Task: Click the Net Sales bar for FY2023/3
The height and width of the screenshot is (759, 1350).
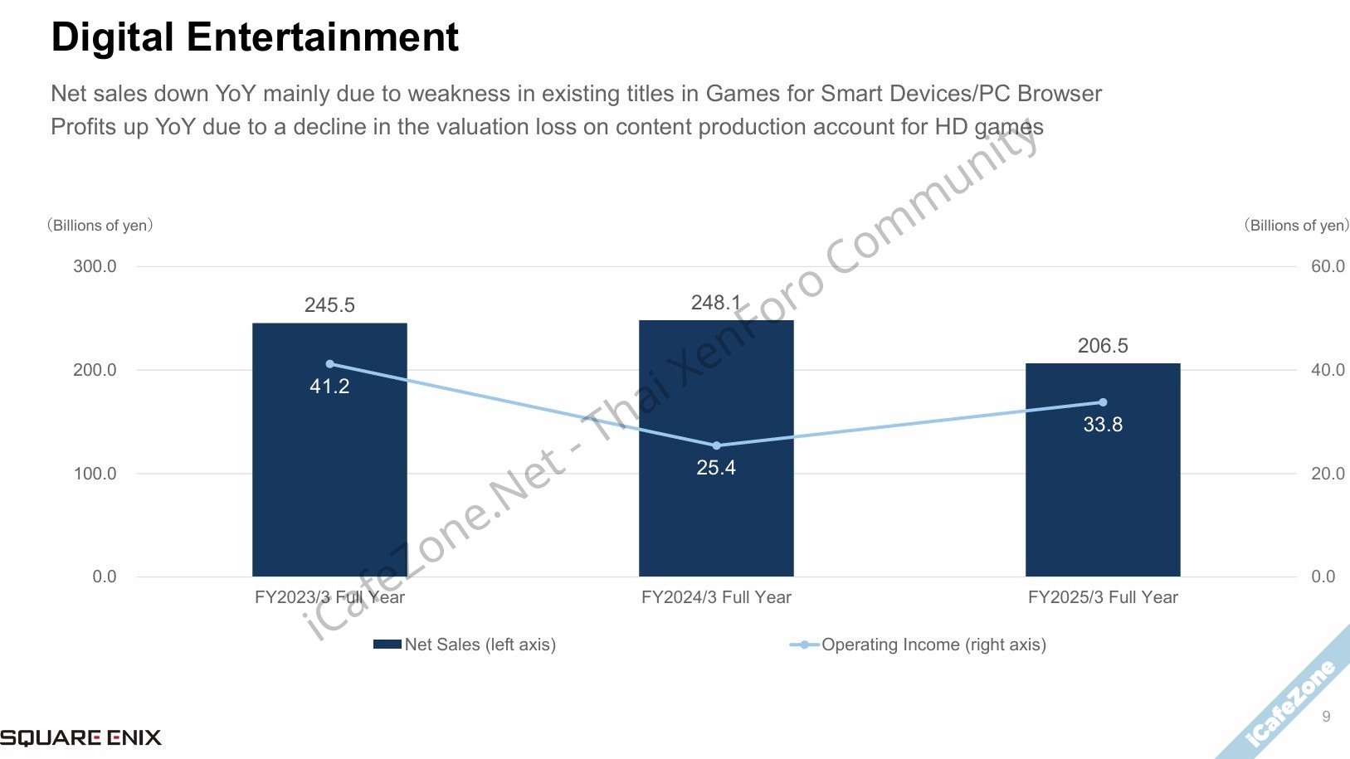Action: coord(329,481)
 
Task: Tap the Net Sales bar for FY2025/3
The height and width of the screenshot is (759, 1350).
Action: coord(1103,498)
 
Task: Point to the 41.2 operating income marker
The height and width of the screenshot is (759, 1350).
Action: coord(329,364)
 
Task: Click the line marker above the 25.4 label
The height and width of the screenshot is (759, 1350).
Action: coord(716,445)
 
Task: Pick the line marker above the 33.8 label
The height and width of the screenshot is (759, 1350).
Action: coord(1103,402)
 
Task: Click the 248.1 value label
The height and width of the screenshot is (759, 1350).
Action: coord(715,303)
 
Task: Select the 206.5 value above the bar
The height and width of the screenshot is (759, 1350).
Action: coord(1103,346)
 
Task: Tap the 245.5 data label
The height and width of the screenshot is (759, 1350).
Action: coord(329,305)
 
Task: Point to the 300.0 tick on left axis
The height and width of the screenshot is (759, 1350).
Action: coord(95,266)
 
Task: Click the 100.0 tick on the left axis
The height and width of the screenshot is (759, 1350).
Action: coord(95,474)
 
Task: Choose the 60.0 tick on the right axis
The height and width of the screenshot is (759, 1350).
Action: coord(1328,266)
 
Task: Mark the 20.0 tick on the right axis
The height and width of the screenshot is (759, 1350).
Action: coord(1328,474)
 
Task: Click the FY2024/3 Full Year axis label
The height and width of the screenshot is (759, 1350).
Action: coord(716,597)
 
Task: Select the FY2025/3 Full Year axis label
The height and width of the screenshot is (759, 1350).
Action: coord(1103,597)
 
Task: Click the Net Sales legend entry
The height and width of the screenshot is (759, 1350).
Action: coord(465,645)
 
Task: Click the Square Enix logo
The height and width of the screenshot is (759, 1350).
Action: coord(80,737)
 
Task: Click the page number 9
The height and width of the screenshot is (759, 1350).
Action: coord(1326,716)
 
